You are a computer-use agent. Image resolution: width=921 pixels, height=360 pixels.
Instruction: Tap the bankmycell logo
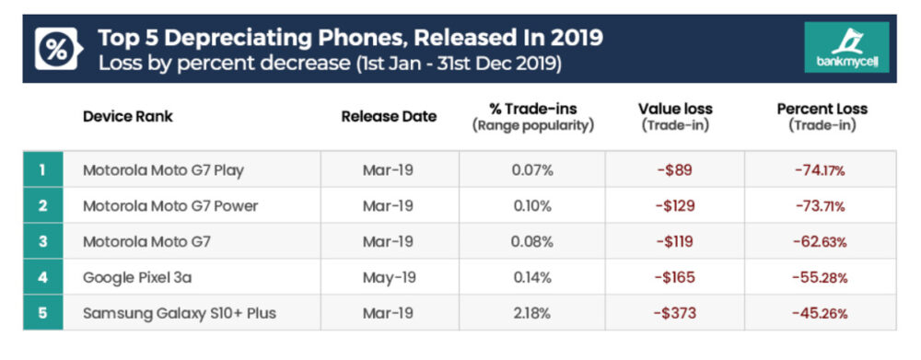coord(846,49)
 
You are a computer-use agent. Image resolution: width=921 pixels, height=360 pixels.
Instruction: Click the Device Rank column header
coord(127,116)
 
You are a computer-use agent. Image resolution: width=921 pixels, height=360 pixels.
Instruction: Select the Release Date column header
coord(389,116)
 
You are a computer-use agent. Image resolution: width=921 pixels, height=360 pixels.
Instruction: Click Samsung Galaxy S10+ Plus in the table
coord(179,314)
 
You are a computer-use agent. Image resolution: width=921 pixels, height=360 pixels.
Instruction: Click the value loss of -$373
coord(675,314)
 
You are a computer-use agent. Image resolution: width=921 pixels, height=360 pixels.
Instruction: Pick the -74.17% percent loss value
coord(821,170)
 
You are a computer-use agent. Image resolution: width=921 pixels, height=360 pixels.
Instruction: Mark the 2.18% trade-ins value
coord(532,314)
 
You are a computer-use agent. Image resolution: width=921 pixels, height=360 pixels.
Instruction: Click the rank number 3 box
coord(42,242)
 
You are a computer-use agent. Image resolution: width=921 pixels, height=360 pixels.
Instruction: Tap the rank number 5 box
coord(42,314)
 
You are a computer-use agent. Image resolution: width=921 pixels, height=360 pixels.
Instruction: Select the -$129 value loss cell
coord(675,206)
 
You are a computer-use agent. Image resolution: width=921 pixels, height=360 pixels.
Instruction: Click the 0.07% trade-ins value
coord(532,170)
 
